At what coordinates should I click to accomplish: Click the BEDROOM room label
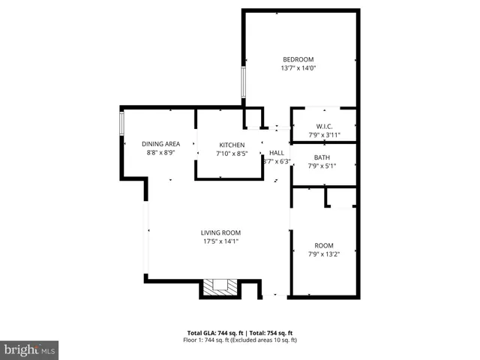click(298, 59)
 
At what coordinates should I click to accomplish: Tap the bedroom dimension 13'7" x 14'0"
click(298, 68)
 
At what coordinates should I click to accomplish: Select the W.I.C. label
click(324, 126)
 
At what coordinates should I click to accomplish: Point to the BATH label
click(322, 157)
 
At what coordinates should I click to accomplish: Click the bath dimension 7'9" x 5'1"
click(322, 166)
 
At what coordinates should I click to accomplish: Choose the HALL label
click(277, 151)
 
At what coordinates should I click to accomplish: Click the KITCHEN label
click(232, 145)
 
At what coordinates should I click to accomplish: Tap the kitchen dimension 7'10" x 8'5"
click(232, 154)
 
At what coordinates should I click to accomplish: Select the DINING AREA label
click(161, 143)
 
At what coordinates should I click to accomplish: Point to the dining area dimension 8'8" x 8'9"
click(161, 152)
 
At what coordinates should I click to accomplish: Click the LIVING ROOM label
click(220, 232)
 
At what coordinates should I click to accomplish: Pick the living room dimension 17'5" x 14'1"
click(220, 241)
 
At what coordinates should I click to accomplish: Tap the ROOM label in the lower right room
click(324, 245)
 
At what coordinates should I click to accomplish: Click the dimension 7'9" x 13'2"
click(324, 254)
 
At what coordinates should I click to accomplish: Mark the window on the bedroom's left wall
click(242, 82)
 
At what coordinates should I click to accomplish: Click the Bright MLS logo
click(30, 349)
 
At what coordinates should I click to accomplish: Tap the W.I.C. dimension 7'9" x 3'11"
click(324, 135)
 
